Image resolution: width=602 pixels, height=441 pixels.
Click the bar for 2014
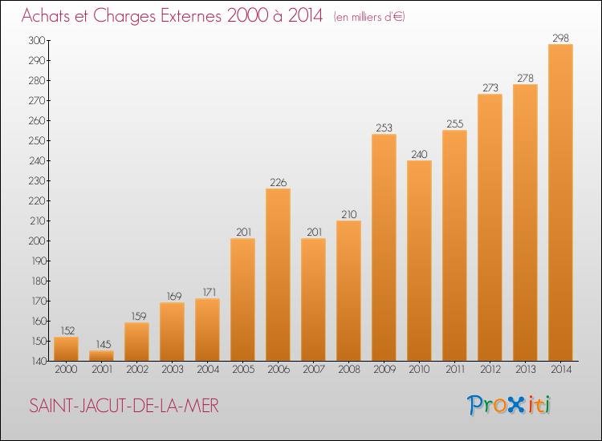(560, 203)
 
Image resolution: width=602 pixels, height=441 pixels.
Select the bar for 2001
(101, 355)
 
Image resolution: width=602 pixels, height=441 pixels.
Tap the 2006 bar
(278, 274)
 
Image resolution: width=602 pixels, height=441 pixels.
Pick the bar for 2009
(384, 247)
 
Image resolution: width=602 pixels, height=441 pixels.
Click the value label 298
(560, 38)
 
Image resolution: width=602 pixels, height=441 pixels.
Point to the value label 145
(104, 344)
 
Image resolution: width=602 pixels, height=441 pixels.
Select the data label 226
(279, 183)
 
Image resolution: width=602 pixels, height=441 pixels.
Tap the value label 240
(419, 154)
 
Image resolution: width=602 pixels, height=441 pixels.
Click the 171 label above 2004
(209, 292)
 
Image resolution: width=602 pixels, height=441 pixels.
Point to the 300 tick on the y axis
(36, 40)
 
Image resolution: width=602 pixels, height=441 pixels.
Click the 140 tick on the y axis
(39, 362)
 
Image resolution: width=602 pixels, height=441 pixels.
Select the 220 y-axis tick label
(37, 200)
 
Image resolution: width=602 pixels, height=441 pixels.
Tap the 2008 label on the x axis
(349, 370)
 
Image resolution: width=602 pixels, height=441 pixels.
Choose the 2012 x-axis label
(490, 370)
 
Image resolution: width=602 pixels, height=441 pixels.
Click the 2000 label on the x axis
(66, 370)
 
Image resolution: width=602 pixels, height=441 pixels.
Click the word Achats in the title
(46, 16)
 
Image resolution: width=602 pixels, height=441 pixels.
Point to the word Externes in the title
(191, 16)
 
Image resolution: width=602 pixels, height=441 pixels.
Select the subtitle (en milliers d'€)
(369, 17)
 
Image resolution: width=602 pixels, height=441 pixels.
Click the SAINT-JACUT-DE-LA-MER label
(124, 406)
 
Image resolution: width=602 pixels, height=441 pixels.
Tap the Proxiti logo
(509, 405)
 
